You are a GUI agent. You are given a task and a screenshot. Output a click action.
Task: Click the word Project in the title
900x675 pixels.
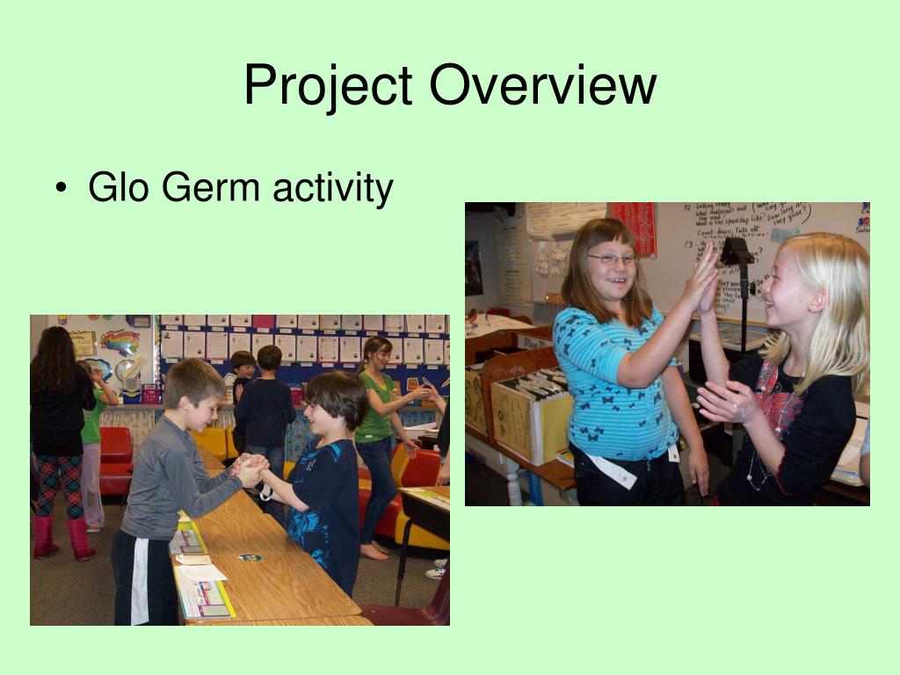click(x=328, y=86)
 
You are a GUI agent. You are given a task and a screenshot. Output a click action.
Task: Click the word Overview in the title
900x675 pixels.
click(x=542, y=86)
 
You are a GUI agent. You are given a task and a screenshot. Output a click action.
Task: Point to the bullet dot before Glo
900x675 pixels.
click(x=60, y=190)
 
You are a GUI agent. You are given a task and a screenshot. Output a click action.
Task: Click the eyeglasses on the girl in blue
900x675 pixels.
click(x=613, y=259)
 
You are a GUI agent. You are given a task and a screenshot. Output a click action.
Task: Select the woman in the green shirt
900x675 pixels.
click(x=376, y=413)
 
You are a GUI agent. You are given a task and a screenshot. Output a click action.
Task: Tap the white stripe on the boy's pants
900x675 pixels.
click(x=140, y=580)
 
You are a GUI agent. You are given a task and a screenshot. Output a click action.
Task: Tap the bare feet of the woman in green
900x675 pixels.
click(x=374, y=551)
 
